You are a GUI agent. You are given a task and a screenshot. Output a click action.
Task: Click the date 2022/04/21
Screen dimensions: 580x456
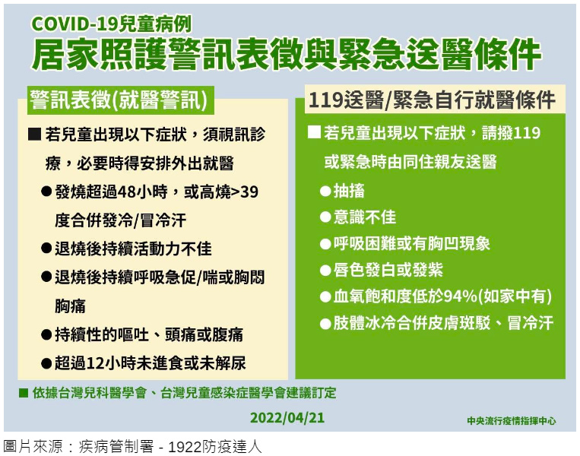click(287, 417)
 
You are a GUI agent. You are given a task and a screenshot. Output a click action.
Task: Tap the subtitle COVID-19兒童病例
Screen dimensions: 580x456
click(111, 24)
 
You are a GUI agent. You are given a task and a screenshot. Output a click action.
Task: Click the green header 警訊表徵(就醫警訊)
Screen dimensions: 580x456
click(119, 100)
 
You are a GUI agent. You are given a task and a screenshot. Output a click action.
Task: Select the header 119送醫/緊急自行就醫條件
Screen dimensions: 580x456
click(432, 100)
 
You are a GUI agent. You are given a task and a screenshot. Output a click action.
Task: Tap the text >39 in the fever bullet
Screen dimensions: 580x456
click(245, 192)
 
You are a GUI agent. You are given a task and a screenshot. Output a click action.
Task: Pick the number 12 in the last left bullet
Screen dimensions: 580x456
click(95, 363)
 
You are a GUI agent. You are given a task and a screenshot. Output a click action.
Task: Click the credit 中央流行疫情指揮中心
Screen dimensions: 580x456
click(511, 420)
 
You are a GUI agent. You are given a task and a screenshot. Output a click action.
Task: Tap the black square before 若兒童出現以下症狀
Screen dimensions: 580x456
click(34, 134)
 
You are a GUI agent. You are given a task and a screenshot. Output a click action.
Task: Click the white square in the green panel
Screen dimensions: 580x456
click(315, 132)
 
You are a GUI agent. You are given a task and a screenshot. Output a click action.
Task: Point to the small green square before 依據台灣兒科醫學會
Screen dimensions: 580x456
click(24, 392)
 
